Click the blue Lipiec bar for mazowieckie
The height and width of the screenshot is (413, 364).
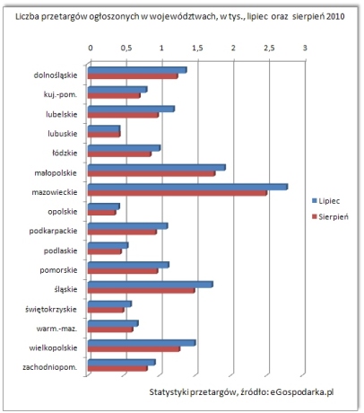click(187, 187)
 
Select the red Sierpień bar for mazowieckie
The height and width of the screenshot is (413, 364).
click(178, 193)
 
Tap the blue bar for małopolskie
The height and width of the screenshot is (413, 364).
click(157, 167)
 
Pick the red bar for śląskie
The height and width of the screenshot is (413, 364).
click(142, 290)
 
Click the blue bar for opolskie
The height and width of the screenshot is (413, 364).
click(104, 206)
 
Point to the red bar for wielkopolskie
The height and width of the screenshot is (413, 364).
click(134, 349)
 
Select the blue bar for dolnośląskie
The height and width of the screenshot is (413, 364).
click(137, 70)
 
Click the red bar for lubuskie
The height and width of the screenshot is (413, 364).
click(104, 135)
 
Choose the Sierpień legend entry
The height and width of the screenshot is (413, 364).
click(330, 216)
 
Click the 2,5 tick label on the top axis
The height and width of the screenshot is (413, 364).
click(269, 48)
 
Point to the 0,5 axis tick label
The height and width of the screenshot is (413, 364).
click(126, 48)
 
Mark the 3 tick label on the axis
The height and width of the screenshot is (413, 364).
click(305, 48)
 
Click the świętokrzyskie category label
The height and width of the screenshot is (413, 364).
click(51, 309)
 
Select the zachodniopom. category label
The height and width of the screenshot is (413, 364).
click(49, 367)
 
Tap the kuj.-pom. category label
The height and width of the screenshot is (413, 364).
click(60, 95)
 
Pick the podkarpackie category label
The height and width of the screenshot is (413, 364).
click(53, 231)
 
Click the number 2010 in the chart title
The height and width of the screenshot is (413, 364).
click(335, 16)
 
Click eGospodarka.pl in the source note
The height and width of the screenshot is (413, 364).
click(301, 392)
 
